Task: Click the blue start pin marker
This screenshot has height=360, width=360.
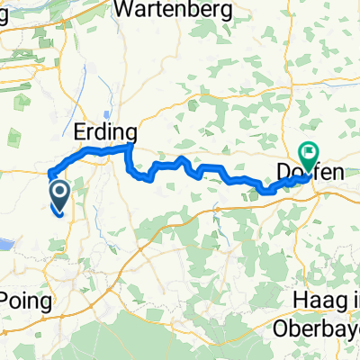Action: (60, 192)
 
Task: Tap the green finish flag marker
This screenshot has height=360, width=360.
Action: (309, 154)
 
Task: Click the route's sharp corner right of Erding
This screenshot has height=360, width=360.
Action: (132, 145)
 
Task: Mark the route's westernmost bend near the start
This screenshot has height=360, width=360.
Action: (48, 174)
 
